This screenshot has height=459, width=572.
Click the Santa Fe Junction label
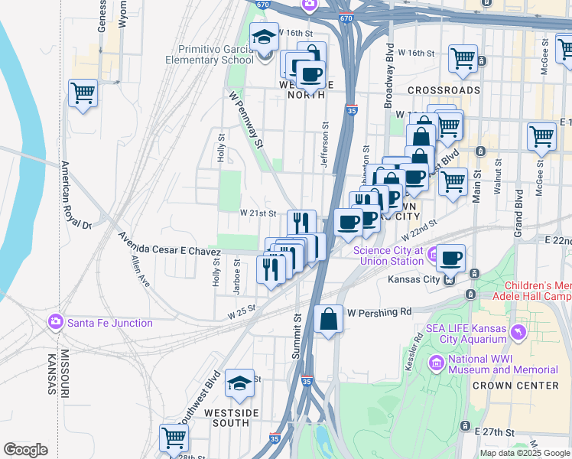coord(109,323)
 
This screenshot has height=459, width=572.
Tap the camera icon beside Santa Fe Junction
coord(55,322)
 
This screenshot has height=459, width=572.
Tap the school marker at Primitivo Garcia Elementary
coord(265,37)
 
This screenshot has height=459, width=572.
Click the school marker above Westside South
coord(239,383)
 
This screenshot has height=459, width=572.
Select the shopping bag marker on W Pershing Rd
coord(328,319)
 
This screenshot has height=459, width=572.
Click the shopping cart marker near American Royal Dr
coord(83,94)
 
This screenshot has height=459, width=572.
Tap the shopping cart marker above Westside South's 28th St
coord(174,438)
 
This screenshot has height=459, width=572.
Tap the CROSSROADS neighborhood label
coord(444,90)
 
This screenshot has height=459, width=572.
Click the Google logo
coord(25,450)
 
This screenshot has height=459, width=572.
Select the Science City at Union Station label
coord(388,256)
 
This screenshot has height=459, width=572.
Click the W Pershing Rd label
coord(379,312)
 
